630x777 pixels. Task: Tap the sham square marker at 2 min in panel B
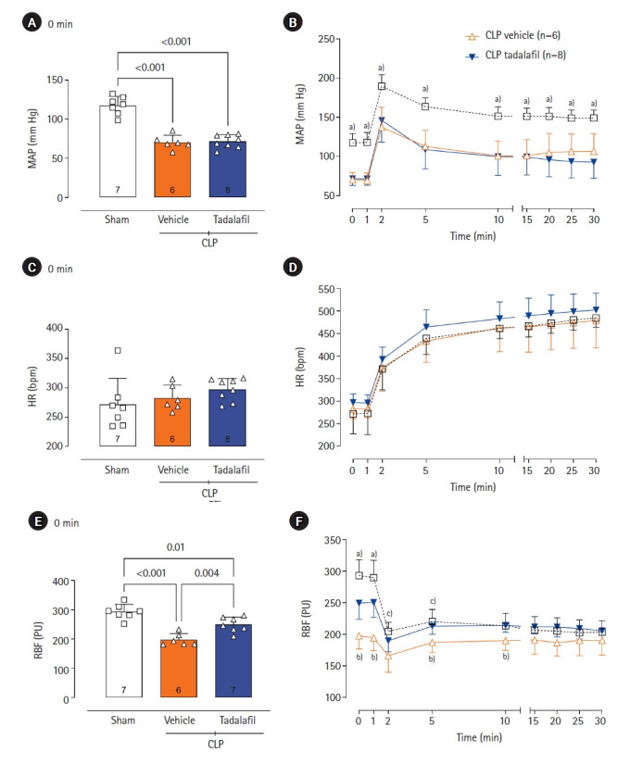click(380, 86)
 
